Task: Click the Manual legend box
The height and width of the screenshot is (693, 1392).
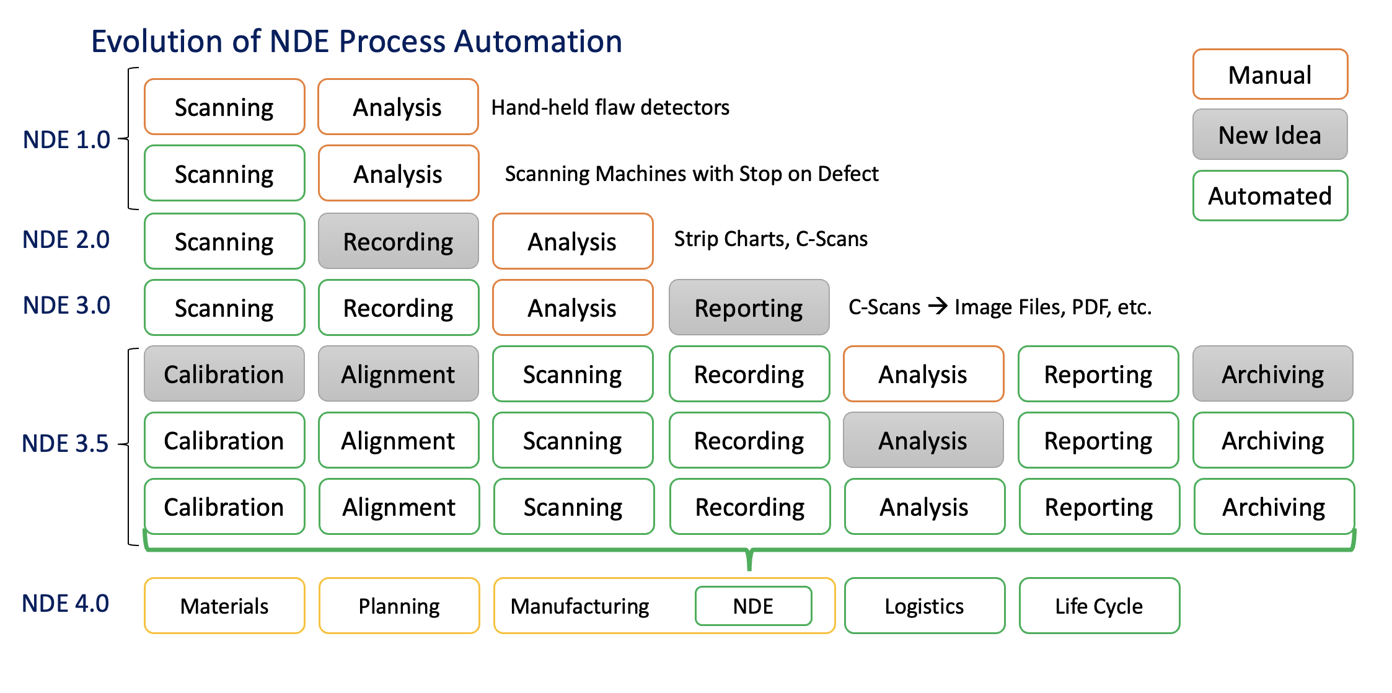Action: tap(1269, 74)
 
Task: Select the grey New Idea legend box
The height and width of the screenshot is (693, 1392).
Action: tap(1269, 135)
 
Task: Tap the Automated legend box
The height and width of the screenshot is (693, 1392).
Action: tap(1269, 196)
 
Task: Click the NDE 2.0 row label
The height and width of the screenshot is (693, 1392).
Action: tap(66, 240)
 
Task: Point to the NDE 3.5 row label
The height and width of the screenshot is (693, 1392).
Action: tap(65, 443)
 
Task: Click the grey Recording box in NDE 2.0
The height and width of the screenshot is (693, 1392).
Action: tap(398, 241)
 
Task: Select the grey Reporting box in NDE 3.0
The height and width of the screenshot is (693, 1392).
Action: tap(749, 307)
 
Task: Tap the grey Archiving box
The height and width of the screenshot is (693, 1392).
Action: tap(1272, 374)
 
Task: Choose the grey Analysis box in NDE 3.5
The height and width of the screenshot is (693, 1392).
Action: tap(923, 440)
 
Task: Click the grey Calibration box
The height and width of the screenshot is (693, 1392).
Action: tap(224, 374)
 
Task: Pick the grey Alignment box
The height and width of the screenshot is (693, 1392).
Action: tap(398, 374)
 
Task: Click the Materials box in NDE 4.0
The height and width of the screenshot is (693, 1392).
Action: tap(224, 606)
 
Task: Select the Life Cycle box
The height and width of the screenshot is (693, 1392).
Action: tap(1099, 606)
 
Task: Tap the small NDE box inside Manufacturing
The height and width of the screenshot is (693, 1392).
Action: tap(753, 606)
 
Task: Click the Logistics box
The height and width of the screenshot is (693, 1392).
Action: tap(924, 606)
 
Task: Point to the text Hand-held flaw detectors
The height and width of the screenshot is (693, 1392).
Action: tap(610, 107)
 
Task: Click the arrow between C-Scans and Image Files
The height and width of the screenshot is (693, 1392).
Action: tap(937, 306)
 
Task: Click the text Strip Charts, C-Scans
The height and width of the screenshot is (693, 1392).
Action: tap(770, 239)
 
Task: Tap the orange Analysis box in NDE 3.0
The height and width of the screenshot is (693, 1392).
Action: tap(572, 307)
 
